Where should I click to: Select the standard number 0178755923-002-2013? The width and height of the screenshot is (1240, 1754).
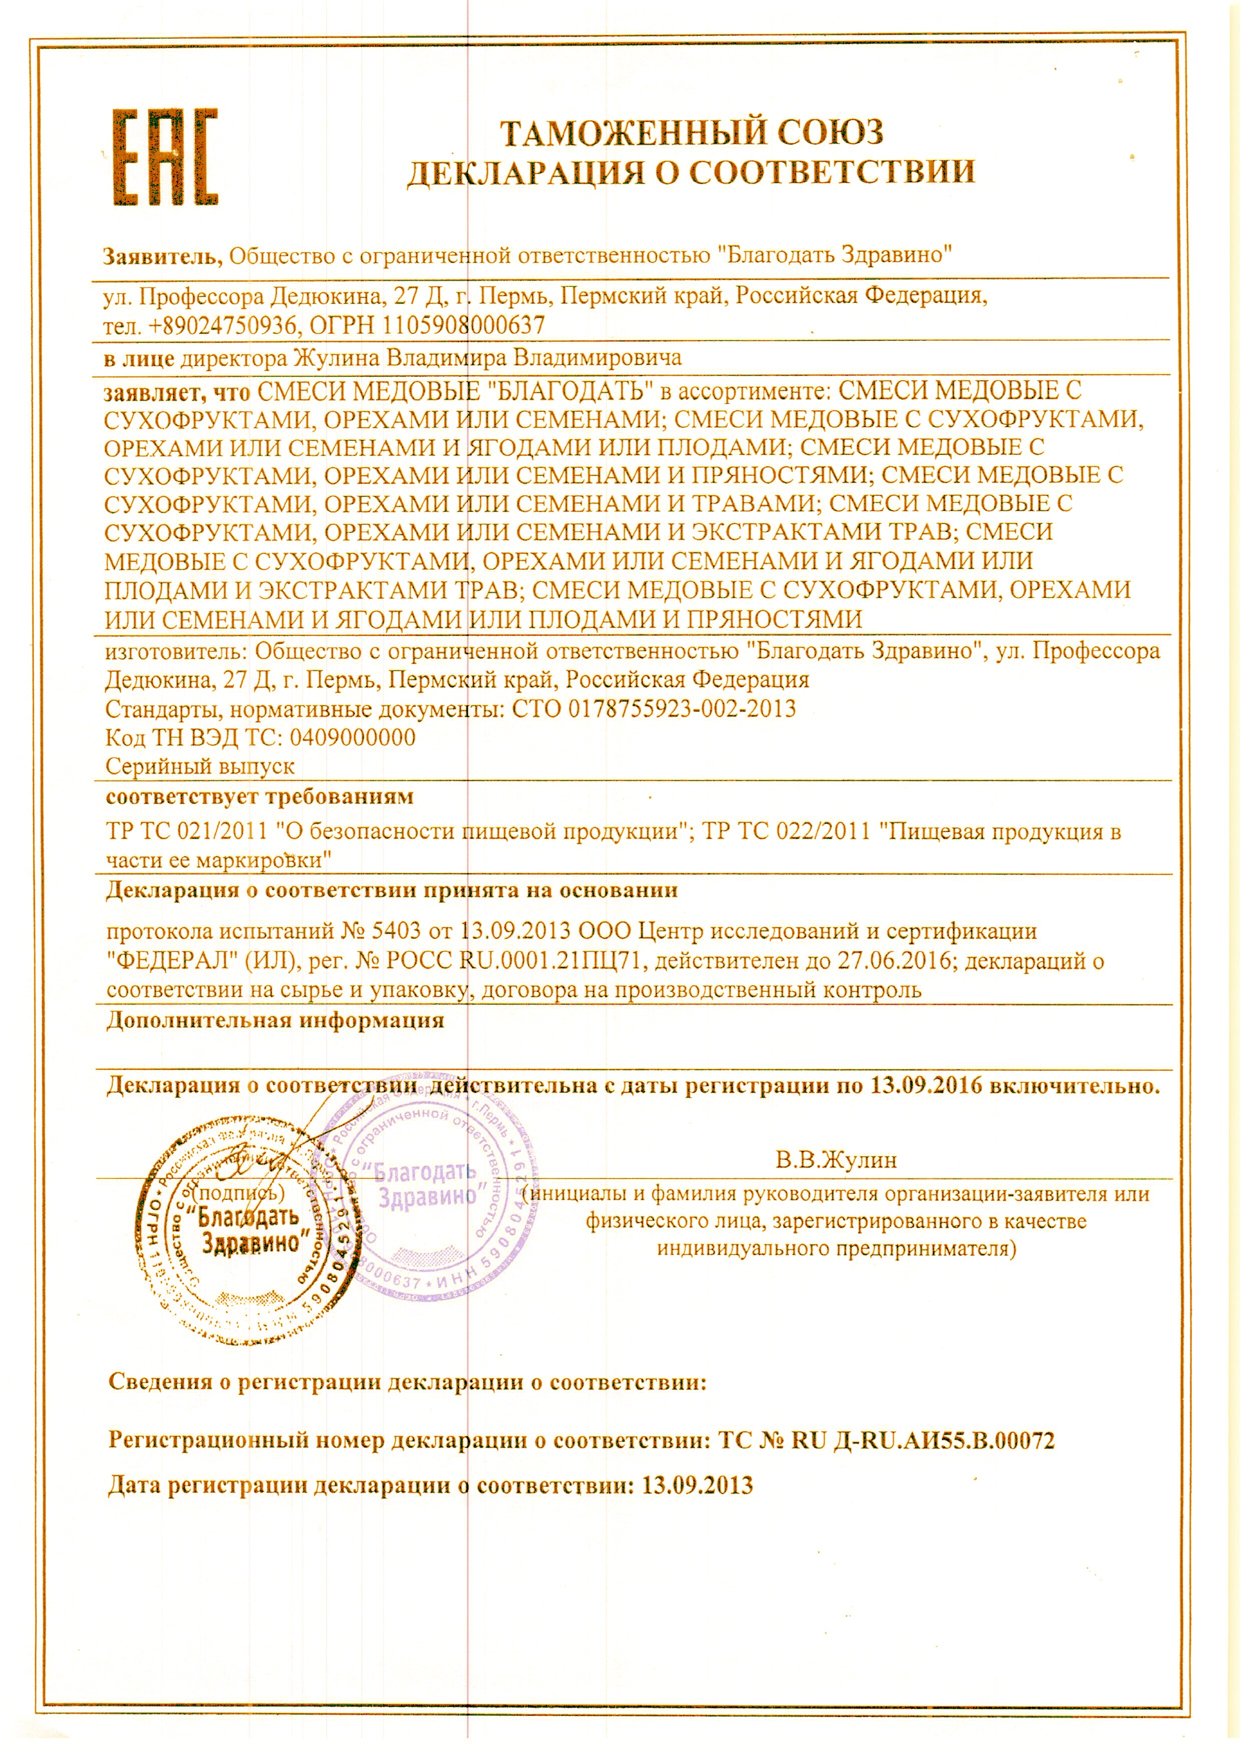(x=682, y=709)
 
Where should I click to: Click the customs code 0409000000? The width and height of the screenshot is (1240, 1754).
(x=353, y=738)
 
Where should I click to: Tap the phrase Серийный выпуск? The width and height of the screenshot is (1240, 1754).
(x=200, y=766)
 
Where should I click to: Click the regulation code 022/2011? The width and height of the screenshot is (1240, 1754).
(x=824, y=831)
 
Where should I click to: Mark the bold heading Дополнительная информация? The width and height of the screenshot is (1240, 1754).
(x=275, y=1021)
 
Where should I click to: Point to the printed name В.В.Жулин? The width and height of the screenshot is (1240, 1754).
(x=836, y=1161)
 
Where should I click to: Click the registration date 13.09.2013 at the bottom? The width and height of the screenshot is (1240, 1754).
(x=698, y=1486)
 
